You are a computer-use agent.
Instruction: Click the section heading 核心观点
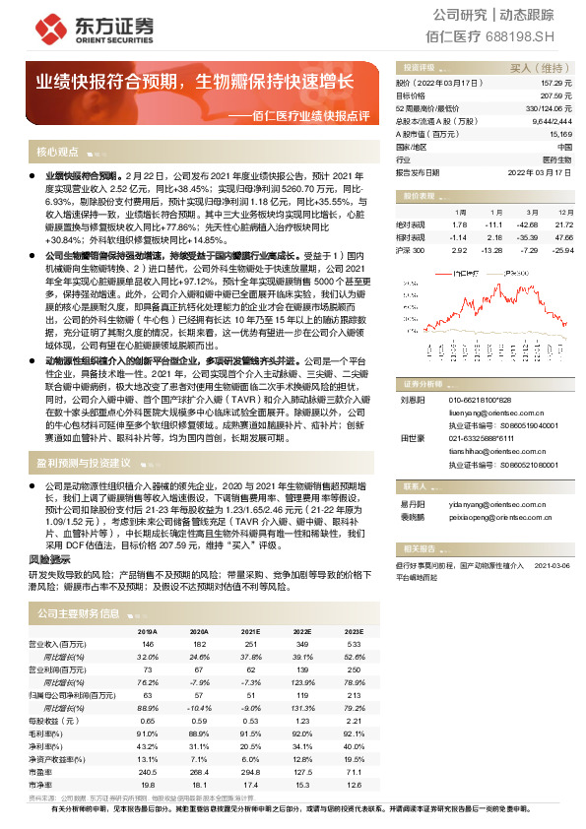tap(57, 153)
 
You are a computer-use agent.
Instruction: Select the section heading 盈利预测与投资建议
tap(83, 462)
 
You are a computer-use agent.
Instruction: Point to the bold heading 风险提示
tap(46, 558)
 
